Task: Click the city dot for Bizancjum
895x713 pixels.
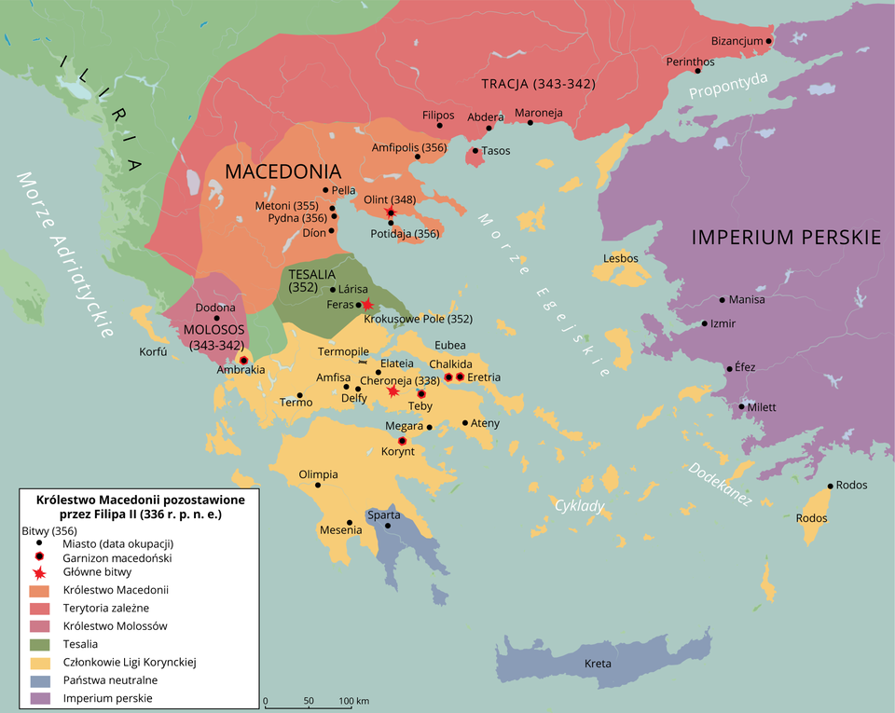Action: coord(769,41)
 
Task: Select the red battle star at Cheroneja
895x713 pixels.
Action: coord(393,392)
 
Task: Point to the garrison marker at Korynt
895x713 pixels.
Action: coord(403,441)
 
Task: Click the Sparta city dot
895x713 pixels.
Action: coord(388,527)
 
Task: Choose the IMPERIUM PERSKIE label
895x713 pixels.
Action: coord(786,237)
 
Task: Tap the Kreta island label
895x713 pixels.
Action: coord(598,664)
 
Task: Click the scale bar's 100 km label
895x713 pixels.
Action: coord(354,700)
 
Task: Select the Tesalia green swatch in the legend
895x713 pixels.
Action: coord(41,643)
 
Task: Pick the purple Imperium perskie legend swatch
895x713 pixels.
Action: coord(41,697)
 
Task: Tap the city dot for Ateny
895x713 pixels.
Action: coord(465,423)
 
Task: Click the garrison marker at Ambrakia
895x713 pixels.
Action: coord(243,360)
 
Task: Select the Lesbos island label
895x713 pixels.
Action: coord(620,257)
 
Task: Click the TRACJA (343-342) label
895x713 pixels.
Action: coord(538,84)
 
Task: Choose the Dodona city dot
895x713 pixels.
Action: coord(216,318)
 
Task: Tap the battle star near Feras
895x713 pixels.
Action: coord(367,305)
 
